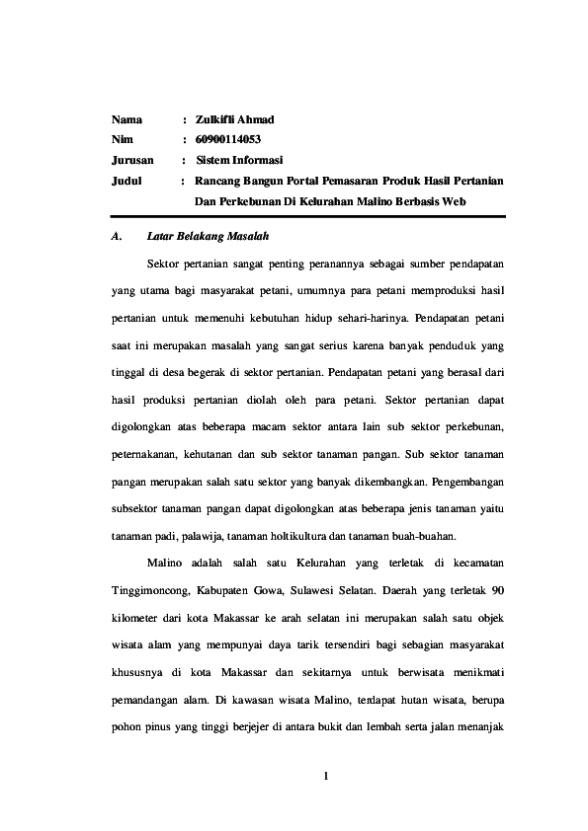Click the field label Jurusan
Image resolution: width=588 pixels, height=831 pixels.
(x=130, y=160)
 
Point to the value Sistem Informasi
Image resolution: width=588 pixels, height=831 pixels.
(x=239, y=160)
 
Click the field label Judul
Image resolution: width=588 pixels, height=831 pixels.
(x=126, y=182)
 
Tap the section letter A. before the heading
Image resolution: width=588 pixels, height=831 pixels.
(x=116, y=238)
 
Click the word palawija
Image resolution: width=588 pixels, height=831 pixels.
(x=204, y=537)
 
